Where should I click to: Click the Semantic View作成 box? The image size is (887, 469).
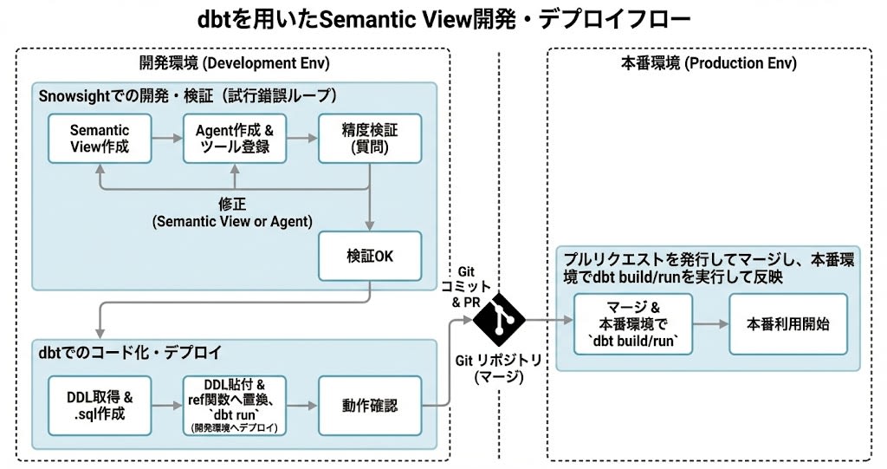(100, 138)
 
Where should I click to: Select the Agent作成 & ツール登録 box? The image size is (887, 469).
(234, 138)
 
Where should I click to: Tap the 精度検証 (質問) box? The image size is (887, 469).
(370, 138)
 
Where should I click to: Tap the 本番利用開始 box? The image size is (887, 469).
(787, 323)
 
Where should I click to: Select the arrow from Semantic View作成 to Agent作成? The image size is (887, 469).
(167, 138)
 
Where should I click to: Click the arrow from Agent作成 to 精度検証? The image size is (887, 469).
(301, 138)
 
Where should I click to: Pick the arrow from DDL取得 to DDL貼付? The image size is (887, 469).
(167, 405)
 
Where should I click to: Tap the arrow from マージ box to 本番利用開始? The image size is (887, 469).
(710, 323)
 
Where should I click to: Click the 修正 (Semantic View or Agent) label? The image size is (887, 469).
(232, 213)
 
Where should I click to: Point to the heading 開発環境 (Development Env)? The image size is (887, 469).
(234, 63)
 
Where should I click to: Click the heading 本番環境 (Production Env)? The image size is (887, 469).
(709, 63)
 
